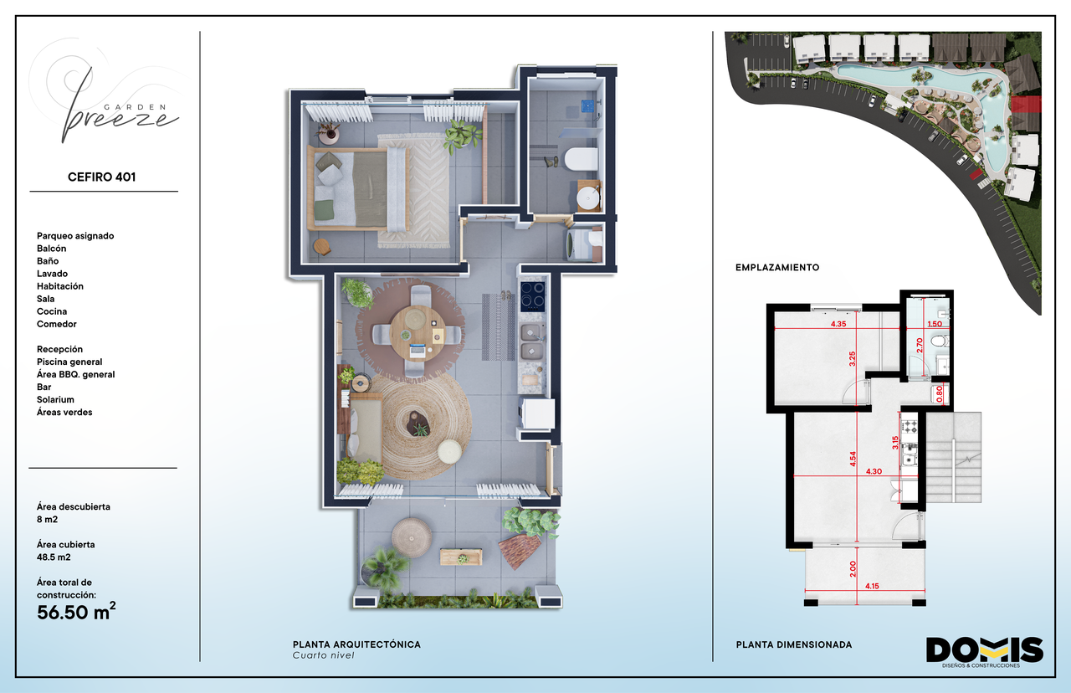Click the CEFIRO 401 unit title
(101, 177)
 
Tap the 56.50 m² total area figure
(76, 612)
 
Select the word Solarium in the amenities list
(55, 399)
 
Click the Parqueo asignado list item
(75, 236)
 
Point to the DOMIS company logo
(985, 652)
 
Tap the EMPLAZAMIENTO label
(777, 268)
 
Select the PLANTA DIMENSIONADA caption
(794, 644)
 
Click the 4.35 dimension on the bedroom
(838, 324)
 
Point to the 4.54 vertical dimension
(853, 459)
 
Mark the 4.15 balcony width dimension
(872, 586)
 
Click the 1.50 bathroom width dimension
(935, 324)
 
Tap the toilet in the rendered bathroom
(582, 159)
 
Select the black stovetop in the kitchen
(532, 296)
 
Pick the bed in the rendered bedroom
(358, 188)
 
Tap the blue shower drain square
(587, 105)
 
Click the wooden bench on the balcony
(461, 557)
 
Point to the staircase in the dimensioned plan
(954, 457)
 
